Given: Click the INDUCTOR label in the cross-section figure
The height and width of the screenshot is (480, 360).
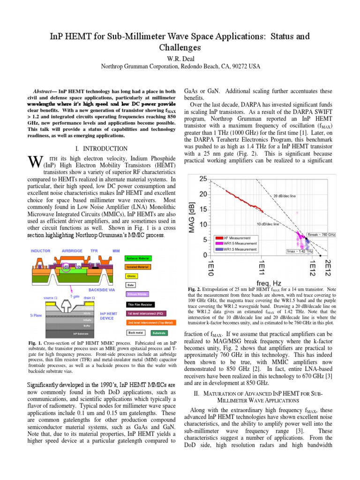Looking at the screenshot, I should click(x=41, y=250).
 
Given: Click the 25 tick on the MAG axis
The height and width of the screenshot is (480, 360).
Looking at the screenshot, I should click(x=203, y=179).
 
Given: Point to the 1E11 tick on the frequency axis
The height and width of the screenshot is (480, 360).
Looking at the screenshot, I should click(x=263, y=266).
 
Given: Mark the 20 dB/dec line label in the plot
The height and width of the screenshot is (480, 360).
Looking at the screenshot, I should click(x=285, y=196).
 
